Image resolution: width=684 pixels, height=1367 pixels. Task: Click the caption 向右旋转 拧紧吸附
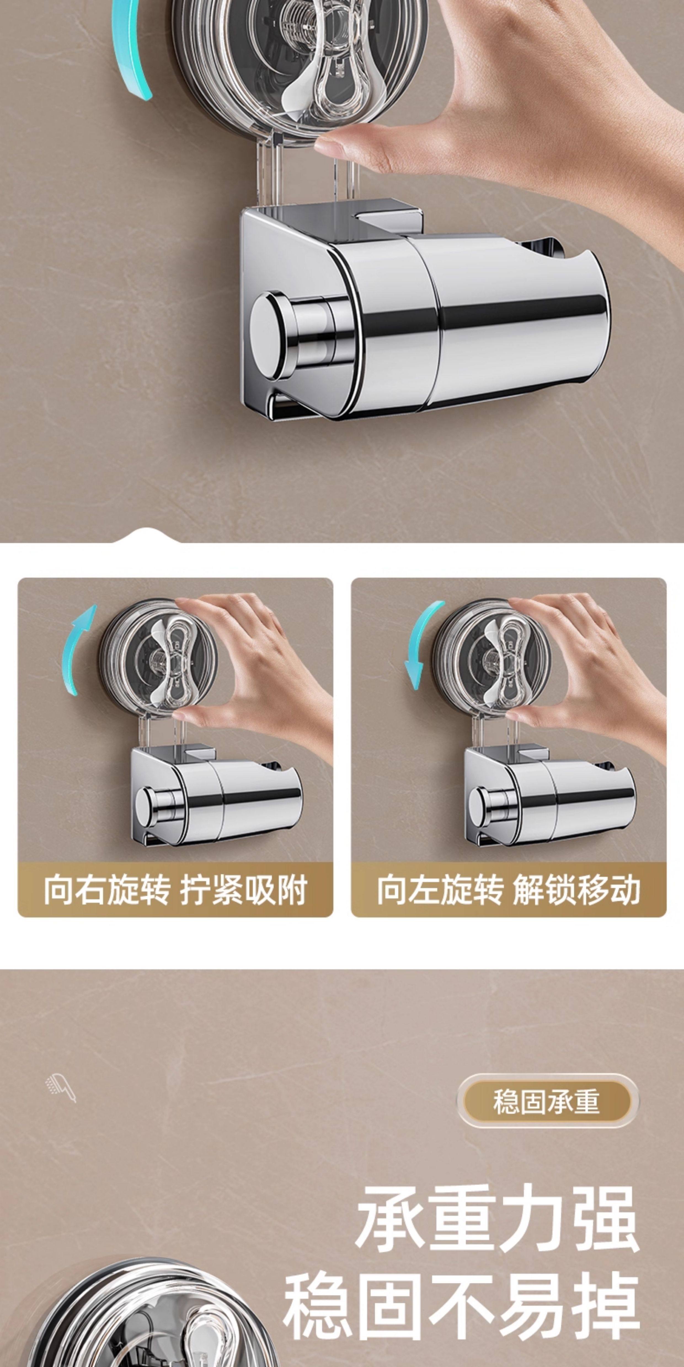click(x=175, y=890)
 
